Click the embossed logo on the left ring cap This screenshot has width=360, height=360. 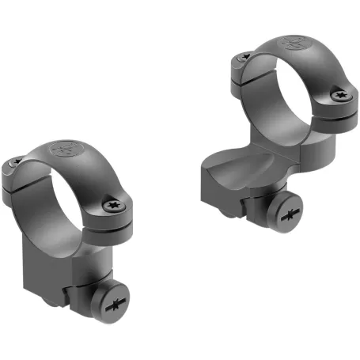coord(64,148)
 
